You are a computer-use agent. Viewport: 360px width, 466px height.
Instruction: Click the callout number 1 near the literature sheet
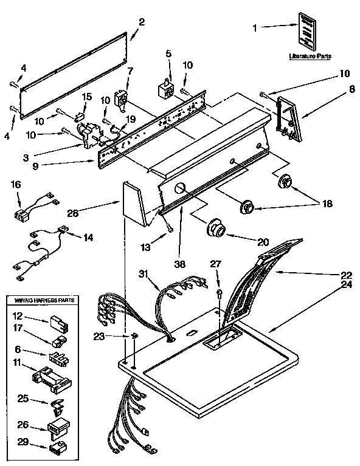click(255, 27)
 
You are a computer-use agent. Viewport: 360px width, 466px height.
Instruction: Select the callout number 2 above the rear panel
click(141, 22)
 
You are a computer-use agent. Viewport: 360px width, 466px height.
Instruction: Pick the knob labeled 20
click(216, 229)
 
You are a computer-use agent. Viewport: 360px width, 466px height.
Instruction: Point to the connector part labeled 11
click(50, 380)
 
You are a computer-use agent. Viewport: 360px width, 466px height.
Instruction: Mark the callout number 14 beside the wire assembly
click(89, 238)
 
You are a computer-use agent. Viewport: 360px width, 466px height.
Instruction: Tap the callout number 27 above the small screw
click(216, 263)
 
